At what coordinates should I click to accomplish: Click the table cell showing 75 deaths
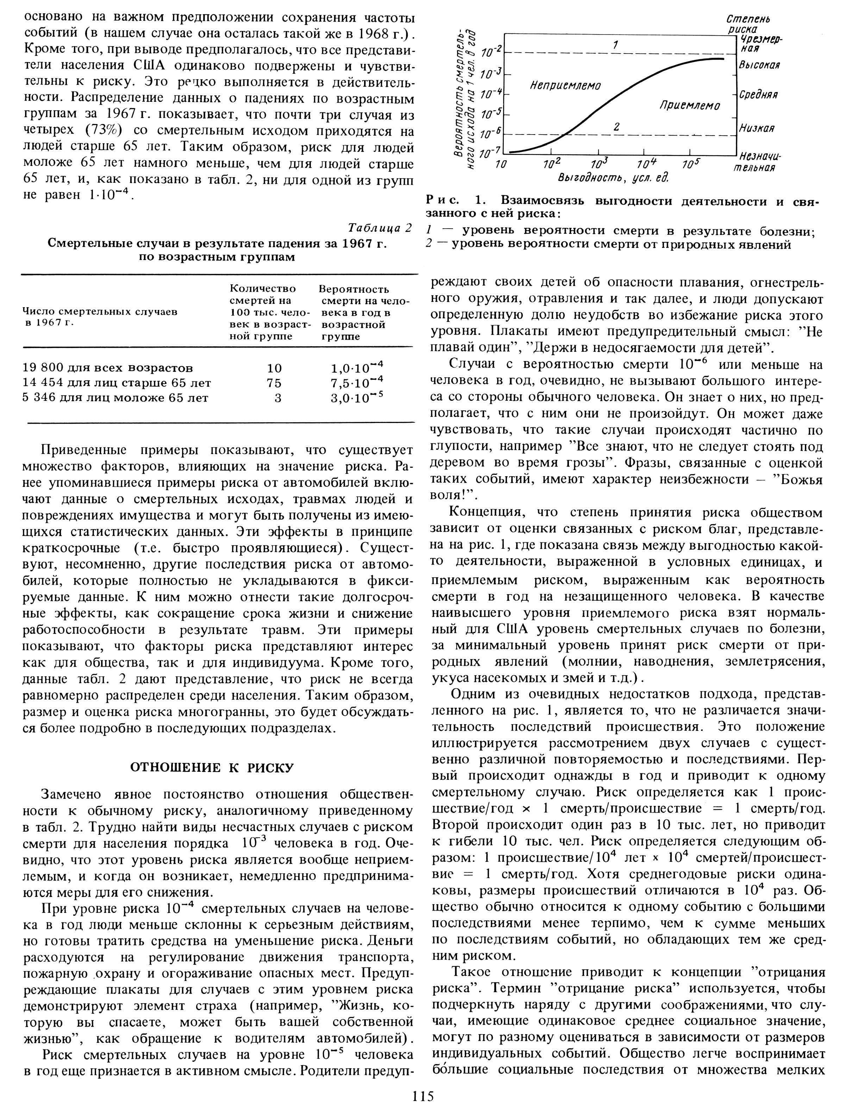point(274,383)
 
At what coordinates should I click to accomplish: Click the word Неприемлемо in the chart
point(565,86)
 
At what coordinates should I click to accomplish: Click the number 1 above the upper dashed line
point(615,45)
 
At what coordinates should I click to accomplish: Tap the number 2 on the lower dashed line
point(616,127)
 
